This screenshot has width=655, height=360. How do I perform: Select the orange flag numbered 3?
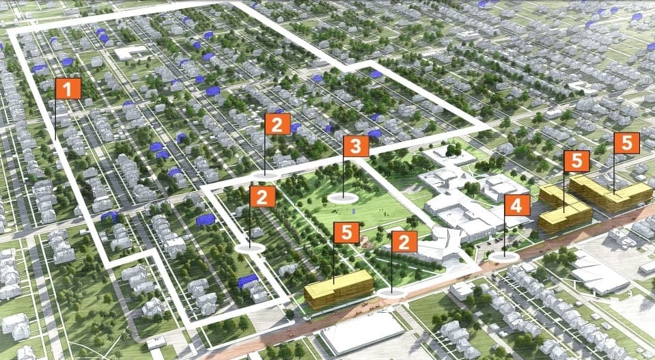tap(356, 146)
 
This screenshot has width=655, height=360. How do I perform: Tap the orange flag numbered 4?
tap(517, 206)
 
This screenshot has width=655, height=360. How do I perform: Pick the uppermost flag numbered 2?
tap(277, 124)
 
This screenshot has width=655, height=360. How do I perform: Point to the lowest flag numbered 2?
tap(404, 241)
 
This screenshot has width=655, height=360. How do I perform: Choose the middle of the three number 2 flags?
tap(262, 197)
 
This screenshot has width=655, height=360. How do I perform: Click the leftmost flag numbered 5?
tap(346, 232)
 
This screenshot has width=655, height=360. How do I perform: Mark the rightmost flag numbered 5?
tap(626, 143)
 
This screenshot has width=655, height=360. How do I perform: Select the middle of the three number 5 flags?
tap(576, 161)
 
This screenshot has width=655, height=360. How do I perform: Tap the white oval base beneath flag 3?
tap(344, 198)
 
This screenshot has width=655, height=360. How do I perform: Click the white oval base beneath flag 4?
tap(503, 257)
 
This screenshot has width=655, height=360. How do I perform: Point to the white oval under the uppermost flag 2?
tap(266, 176)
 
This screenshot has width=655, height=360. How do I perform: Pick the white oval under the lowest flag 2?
tap(390, 292)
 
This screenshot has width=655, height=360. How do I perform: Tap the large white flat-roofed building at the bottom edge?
tap(362, 333)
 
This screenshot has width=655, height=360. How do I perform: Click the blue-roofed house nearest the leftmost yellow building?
tap(248, 281)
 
